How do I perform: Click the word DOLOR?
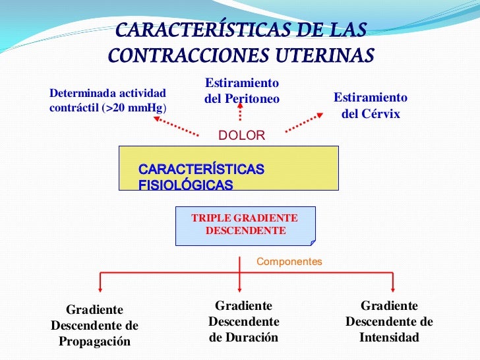click(241, 136)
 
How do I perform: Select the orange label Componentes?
click(289, 262)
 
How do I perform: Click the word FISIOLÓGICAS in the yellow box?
click(185, 185)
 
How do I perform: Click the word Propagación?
click(95, 342)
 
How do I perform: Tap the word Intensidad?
click(389, 338)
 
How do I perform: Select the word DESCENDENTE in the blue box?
click(245, 231)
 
